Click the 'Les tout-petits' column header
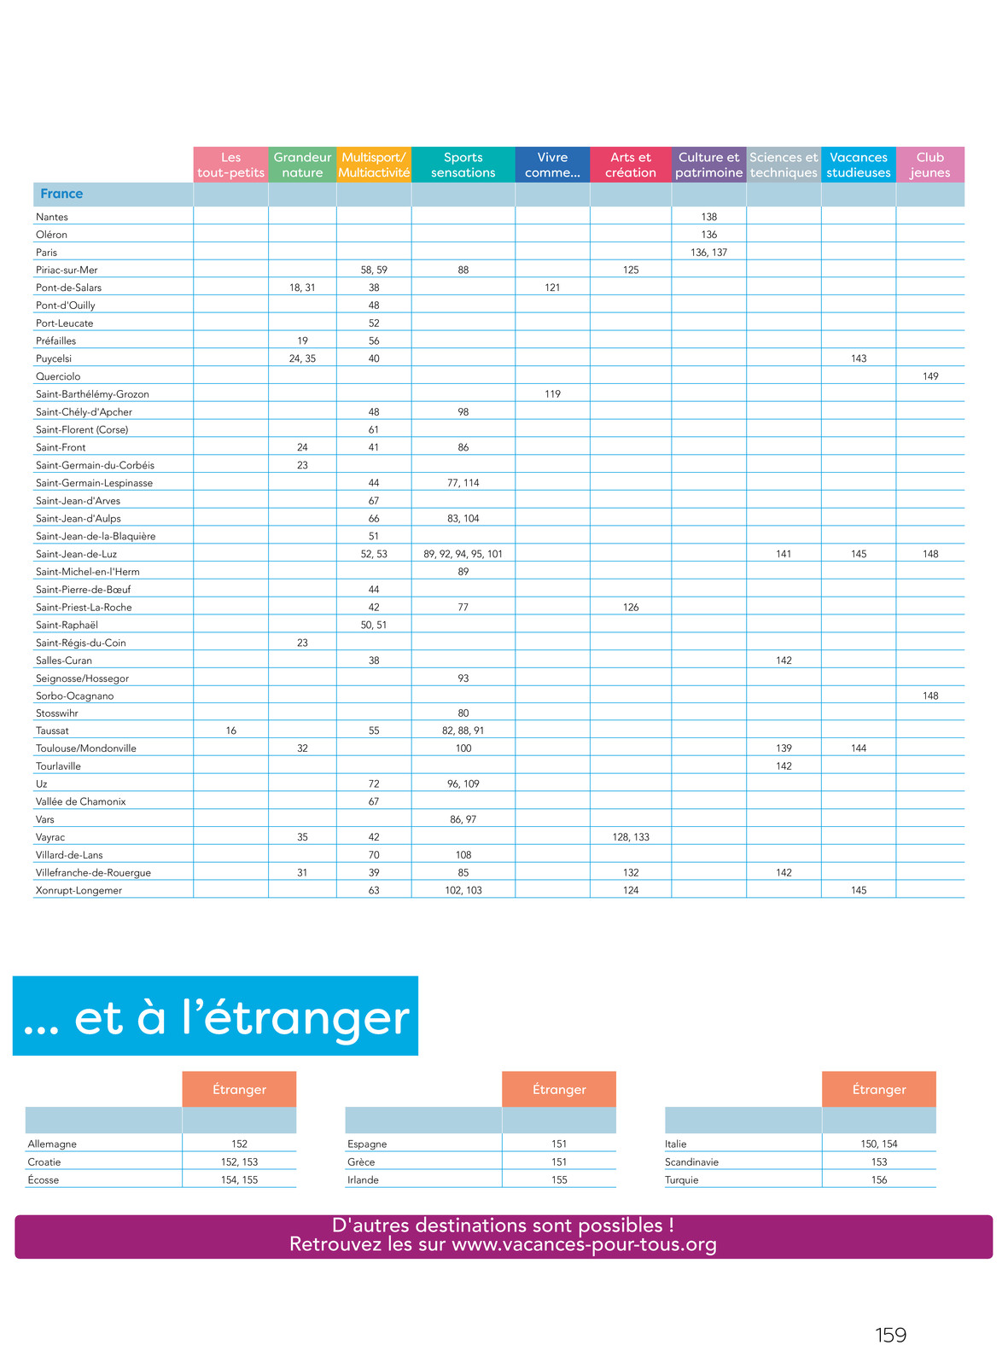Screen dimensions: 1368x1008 pyautogui.click(x=230, y=165)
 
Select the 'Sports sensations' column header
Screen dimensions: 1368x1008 pyautogui.click(x=463, y=165)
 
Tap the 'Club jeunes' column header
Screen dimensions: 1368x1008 pyautogui.click(x=929, y=165)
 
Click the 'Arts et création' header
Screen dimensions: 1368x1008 pyautogui.click(x=630, y=165)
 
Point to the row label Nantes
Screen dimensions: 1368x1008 pyautogui.click(x=52, y=217)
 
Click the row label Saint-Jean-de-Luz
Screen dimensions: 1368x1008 pyautogui.click(x=76, y=554)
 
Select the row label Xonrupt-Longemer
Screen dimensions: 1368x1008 pyautogui.click(x=79, y=890)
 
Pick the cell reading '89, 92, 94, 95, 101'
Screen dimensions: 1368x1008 pyautogui.click(x=463, y=554)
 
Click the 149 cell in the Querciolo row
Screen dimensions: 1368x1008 pyautogui.click(x=930, y=376)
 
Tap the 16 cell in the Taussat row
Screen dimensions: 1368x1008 pyautogui.click(x=231, y=731)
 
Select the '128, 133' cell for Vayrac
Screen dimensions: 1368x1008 pyautogui.click(x=631, y=837)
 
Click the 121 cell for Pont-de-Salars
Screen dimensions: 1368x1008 pyautogui.click(x=552, y=288)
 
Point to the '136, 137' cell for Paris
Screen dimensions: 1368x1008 pyautogui.click(x=708, y=253)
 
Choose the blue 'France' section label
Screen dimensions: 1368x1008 pyautogui.click(x=61, y=194)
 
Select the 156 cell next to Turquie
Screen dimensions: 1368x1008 pyautogui.click(x=879, y=1179)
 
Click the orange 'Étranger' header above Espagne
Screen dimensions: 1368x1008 pyautogui.click(x=559, y=1089)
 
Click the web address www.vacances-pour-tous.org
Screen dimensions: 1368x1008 pyautogui.click(x=584, y=1244)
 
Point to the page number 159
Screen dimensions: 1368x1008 pyautogui.click(x=890, y=1335)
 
